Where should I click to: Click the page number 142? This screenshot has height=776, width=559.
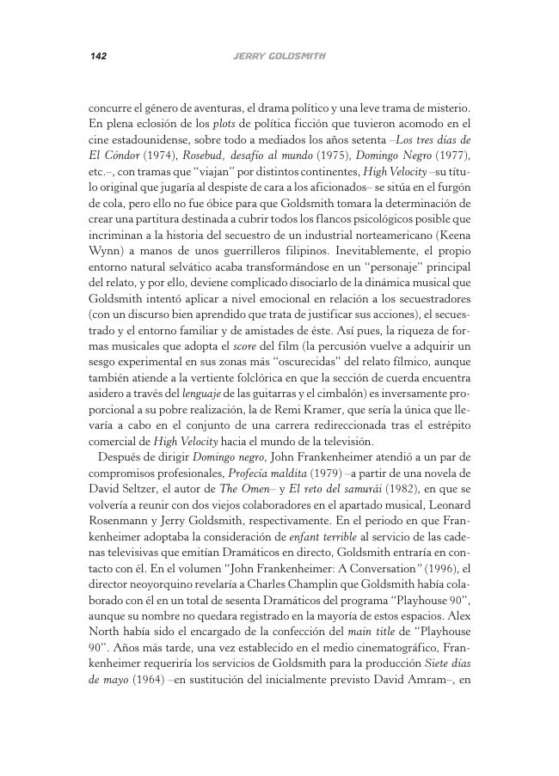[x=97, y=57]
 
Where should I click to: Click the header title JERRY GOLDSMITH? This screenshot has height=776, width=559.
[x=279, y=57]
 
